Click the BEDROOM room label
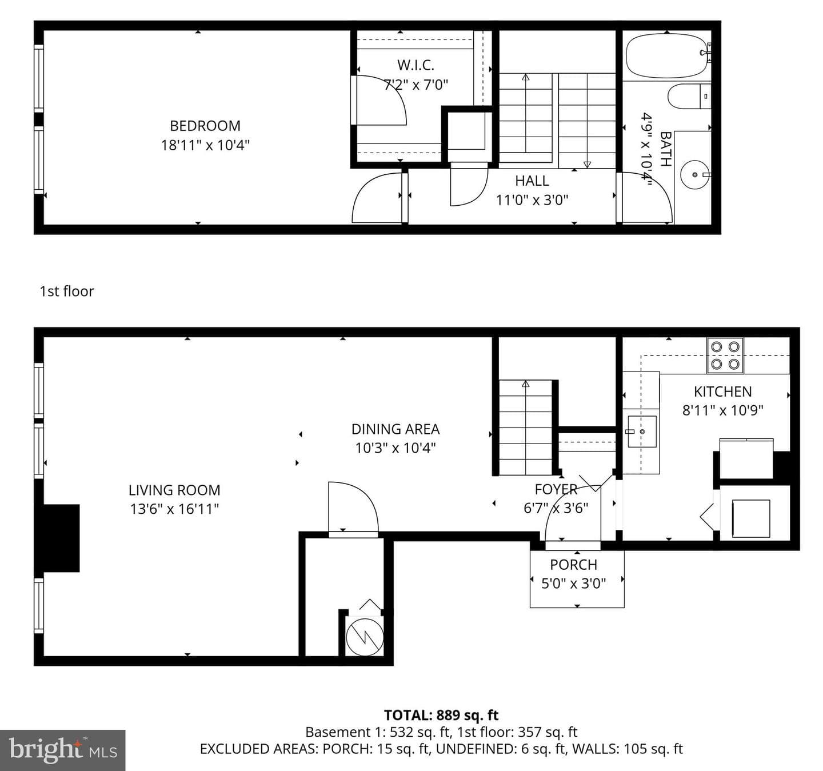205,126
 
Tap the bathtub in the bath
666,55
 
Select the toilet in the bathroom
689,96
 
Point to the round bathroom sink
695,175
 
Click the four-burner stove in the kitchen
725,355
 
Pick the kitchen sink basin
642,432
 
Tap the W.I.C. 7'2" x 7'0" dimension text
416,85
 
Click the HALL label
532,181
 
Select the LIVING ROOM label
174,490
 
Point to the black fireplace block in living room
61,538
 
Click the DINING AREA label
395,429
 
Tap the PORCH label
574,565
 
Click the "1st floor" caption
67,291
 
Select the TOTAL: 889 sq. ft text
441,715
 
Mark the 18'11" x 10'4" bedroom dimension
205,146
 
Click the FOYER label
556,489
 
